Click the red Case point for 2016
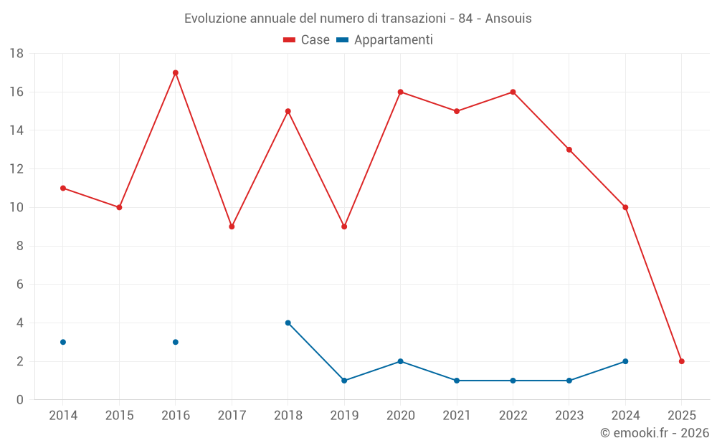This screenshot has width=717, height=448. (x=176, y=72)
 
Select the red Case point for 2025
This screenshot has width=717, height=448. (x=682, y=361)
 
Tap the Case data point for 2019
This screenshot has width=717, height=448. (x=344, y=227)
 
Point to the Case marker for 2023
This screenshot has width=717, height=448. (x=569, y=150)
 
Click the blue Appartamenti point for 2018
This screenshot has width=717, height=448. (x=288, y=323)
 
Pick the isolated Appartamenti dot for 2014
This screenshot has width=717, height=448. (x=63, y=342)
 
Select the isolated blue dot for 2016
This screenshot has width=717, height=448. (x=176, y=342)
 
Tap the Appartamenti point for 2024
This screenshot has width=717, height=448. (x=625, y=361)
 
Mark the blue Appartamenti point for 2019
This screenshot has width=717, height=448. (x=344, y=381)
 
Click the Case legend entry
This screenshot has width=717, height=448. (x=307, y=40)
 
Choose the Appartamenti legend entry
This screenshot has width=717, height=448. (x=385, y=40)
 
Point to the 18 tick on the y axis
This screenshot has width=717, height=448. (x=16, y=54)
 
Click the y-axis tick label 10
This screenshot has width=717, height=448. (x=16, y=208)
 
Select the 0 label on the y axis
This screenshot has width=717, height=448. (x=20, y=400)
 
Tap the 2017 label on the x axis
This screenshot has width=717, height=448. (x=232, y=416)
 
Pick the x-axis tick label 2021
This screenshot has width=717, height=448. (x=457, y=416)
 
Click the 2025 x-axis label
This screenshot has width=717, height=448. (x=682, y=416)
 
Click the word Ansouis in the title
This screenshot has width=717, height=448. (x=508, y=19)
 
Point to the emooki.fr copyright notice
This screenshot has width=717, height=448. (x=654, y=433)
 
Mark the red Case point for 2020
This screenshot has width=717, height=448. (x=401, y=92)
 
